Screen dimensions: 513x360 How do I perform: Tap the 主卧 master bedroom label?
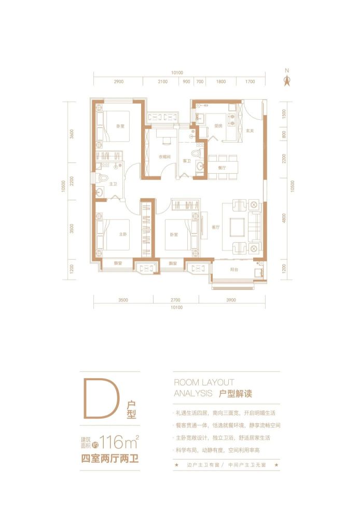tap(123, 234)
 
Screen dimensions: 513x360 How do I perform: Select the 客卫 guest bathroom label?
tap(186, 161)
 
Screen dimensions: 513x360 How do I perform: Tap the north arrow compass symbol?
tap(285, 79)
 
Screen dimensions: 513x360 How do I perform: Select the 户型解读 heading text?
tap(234, 394)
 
